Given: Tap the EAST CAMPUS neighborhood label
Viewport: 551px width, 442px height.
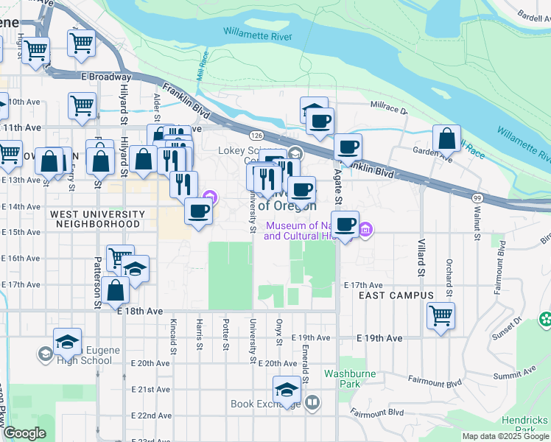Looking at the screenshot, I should click(396, 295).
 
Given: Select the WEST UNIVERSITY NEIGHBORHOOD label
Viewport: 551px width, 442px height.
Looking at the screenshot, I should click(95, 218).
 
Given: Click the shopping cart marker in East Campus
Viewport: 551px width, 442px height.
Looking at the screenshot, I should click(441, 315).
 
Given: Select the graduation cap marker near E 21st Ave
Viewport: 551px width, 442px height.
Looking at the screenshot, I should click(287, 388).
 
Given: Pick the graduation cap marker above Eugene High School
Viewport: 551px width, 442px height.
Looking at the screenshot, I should click(67, 341).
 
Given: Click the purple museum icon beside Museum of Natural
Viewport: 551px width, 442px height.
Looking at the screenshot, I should click(366, 231).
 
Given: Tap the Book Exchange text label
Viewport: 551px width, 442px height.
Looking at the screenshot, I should click(263, 404).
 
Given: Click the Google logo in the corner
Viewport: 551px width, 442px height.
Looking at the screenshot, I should click(24, 433).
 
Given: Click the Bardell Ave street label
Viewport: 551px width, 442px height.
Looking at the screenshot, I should click(530, 17).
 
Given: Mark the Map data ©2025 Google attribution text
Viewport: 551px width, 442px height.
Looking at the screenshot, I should click(505, 436).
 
